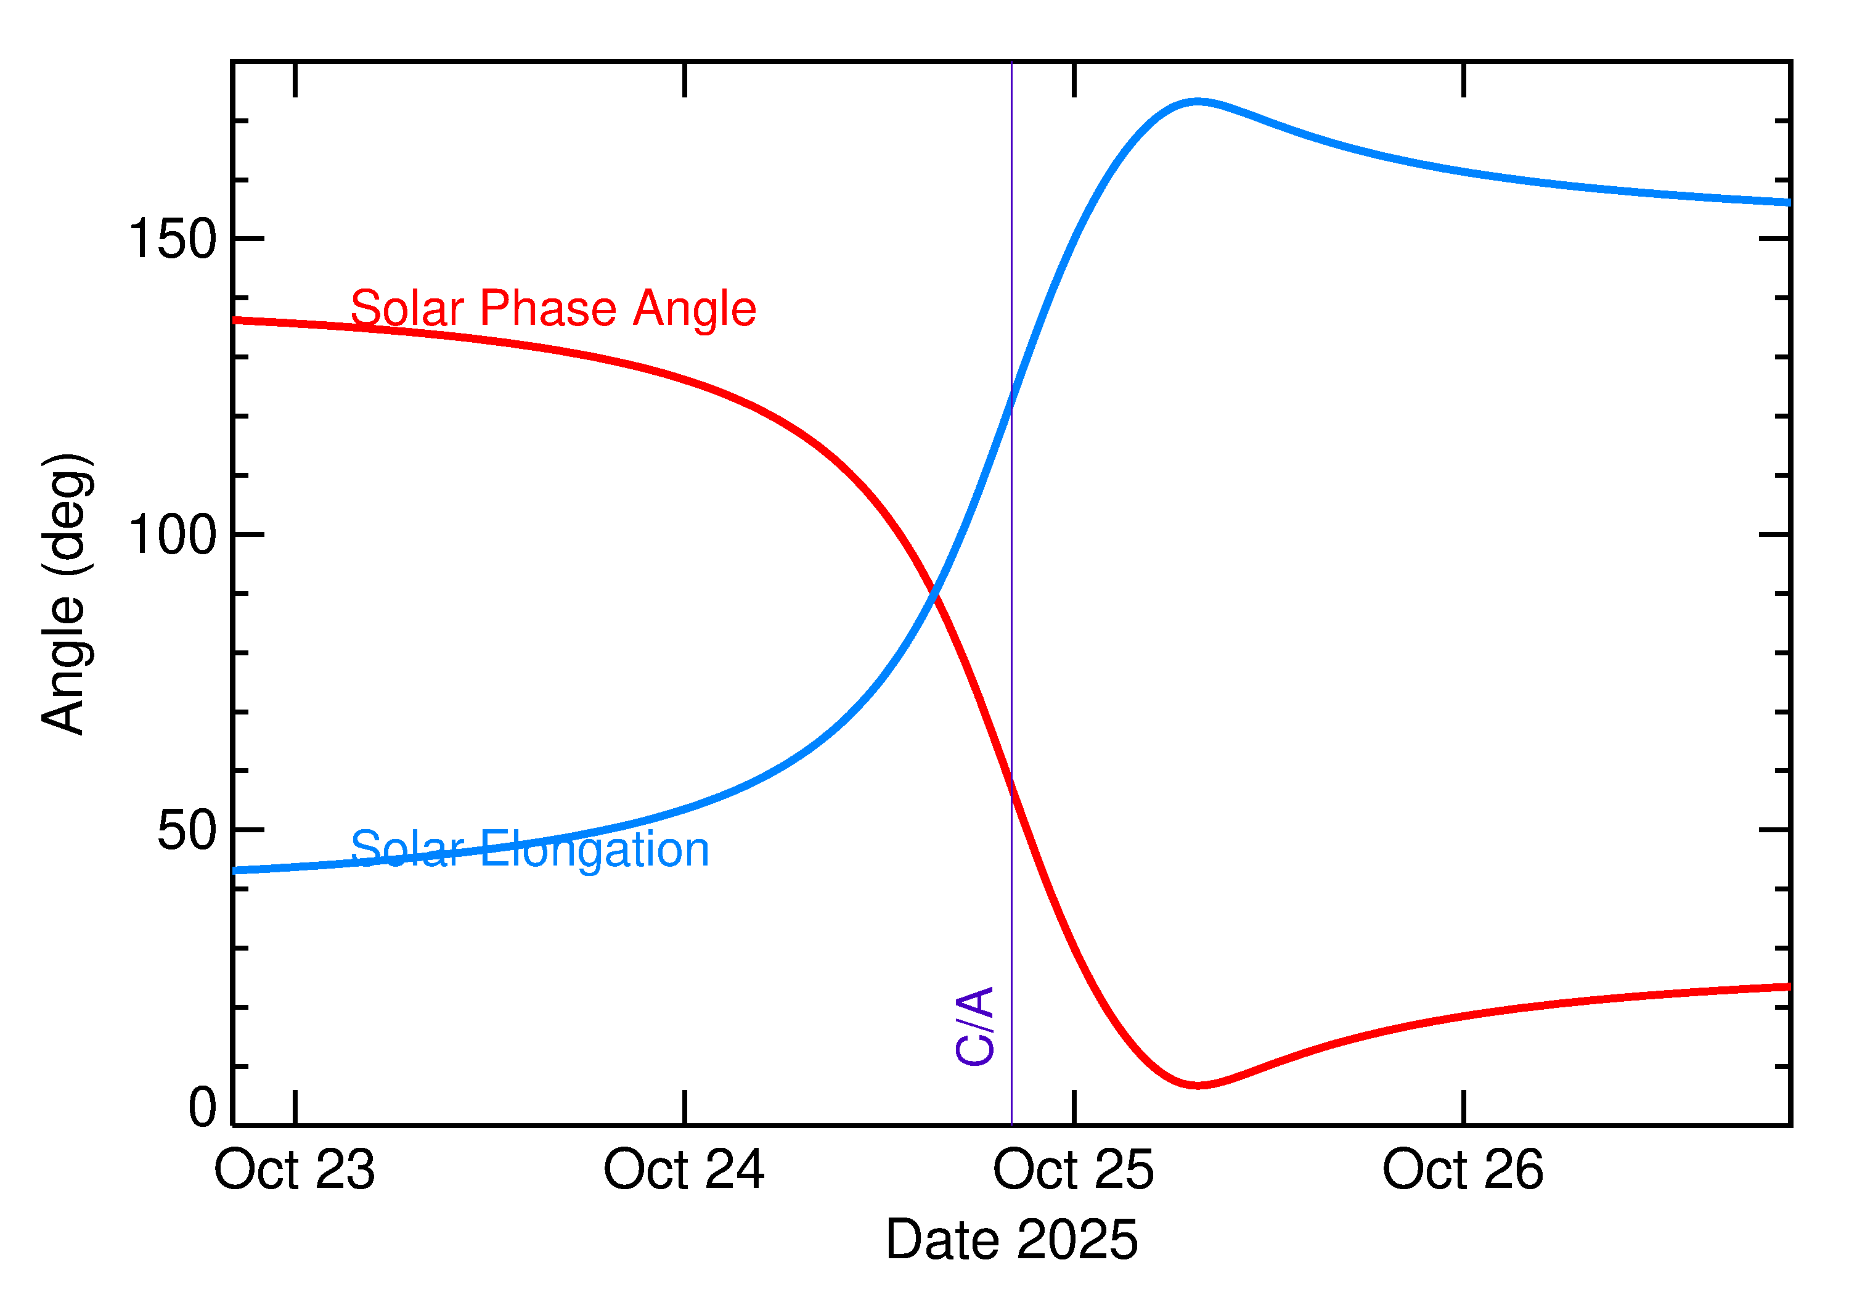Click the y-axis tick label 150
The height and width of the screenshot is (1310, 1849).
[173, 240]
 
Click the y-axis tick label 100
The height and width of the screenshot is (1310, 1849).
[173, 535]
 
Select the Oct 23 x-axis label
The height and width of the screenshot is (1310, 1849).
[295, 1171]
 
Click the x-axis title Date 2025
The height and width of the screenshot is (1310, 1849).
[1011, 1240]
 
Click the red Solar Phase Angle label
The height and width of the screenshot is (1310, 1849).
[553, 308]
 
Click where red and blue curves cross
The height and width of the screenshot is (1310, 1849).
[934, 594]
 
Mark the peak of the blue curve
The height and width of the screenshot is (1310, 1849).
[1198, 102]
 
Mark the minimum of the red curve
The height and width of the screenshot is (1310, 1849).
[1198, 1085]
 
